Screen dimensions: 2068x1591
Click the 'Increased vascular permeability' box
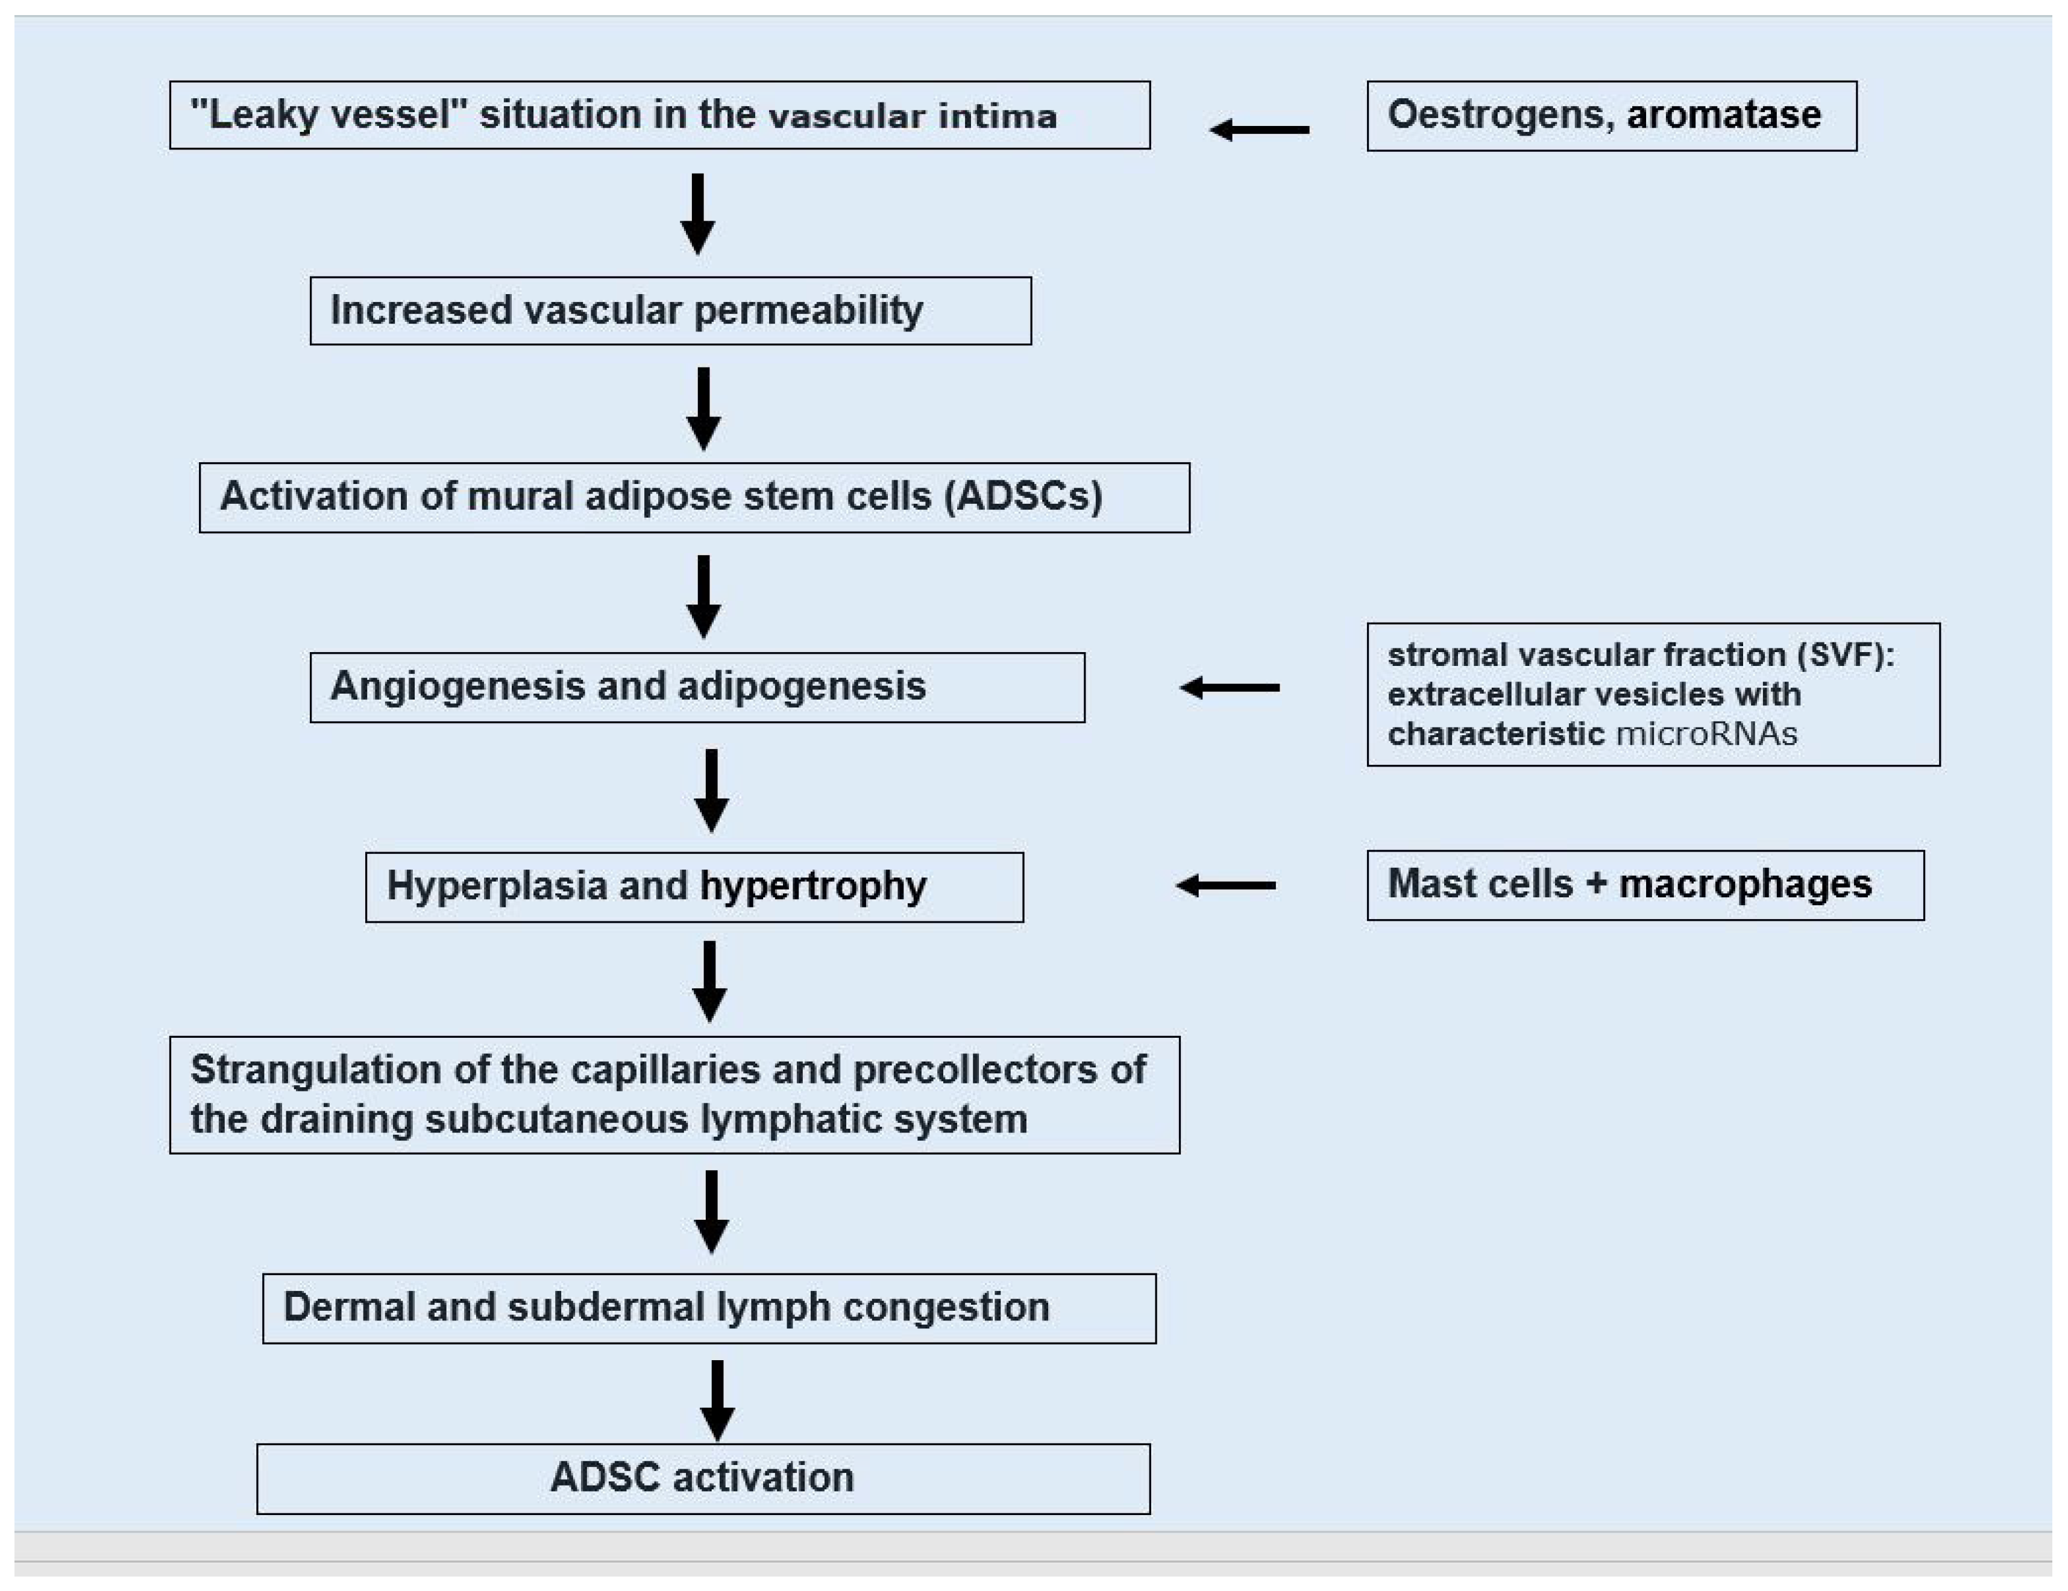[x=670, y=310]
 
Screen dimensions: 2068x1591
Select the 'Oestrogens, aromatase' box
[x=1612, y=116]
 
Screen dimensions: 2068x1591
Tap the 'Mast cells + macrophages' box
[x=1645, y=885]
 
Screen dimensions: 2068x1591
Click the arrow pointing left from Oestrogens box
[x=1259, y=130]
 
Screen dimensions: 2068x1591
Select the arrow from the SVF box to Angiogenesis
[x=1229, y=688]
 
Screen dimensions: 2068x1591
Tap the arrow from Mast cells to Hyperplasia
[x=1226, y=885]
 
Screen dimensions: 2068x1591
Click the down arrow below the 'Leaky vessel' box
[x=698, y=214]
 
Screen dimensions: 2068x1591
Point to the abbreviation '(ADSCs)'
[x=1023, y=496]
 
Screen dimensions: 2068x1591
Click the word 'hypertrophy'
[x=813, y=887]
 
